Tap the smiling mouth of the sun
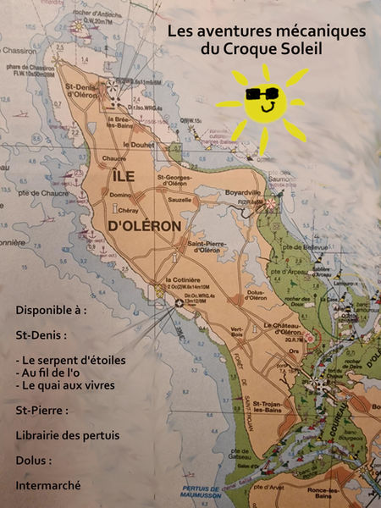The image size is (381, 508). click(267, 108)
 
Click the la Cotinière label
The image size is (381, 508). click(182, 280)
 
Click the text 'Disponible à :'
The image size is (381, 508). click(51, 311)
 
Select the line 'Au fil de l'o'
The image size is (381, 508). click(55, 373)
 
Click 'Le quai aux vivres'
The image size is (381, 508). click(67, 386)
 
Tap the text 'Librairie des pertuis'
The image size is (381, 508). click(67, 435)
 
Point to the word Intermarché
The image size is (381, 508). click(47, 485)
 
